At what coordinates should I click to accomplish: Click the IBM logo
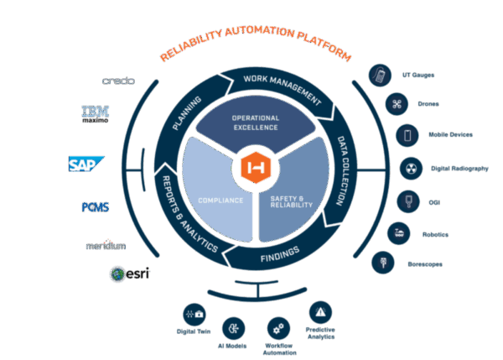[x=94, y=113]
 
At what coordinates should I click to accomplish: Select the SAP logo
[x=86, y=163]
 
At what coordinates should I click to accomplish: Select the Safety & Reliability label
[x=292, y=201]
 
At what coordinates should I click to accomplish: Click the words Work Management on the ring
[x=282, y=88]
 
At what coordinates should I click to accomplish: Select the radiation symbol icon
[x=409, y=168]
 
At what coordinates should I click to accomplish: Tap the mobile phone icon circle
[x=407, y=135]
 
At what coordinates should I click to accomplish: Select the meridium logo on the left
[x=106, y=247]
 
